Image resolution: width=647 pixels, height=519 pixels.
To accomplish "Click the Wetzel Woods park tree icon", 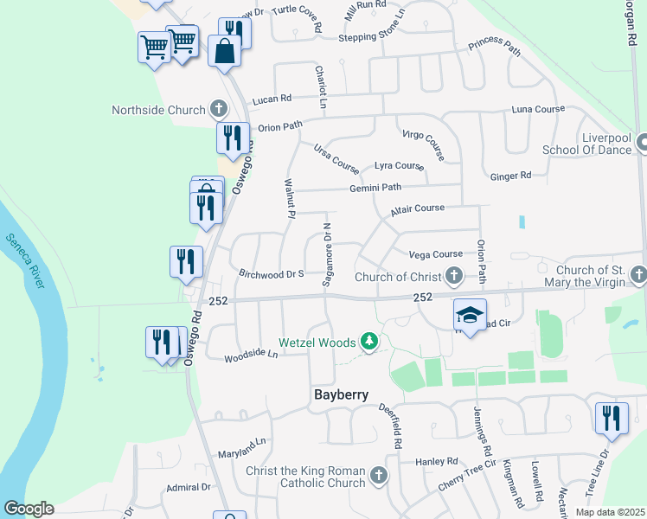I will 369,343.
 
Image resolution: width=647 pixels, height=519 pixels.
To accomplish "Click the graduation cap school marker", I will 470,316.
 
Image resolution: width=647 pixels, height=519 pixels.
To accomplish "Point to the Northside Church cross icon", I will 220,110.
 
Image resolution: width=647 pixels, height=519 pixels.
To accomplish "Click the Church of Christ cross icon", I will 454,277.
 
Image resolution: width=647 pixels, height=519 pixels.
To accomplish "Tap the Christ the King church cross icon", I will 378,475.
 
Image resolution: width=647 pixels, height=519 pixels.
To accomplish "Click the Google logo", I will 29,509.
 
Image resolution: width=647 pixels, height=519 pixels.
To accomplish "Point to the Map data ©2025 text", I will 610,512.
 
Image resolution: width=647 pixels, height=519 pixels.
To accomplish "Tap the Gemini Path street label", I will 375,188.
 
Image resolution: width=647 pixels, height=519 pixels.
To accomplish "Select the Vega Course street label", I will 435,254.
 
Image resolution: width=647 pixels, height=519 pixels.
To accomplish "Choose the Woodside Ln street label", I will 251,355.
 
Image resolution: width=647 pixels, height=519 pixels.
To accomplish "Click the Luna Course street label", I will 537,110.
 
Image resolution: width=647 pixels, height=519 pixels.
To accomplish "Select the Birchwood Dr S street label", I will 270,273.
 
